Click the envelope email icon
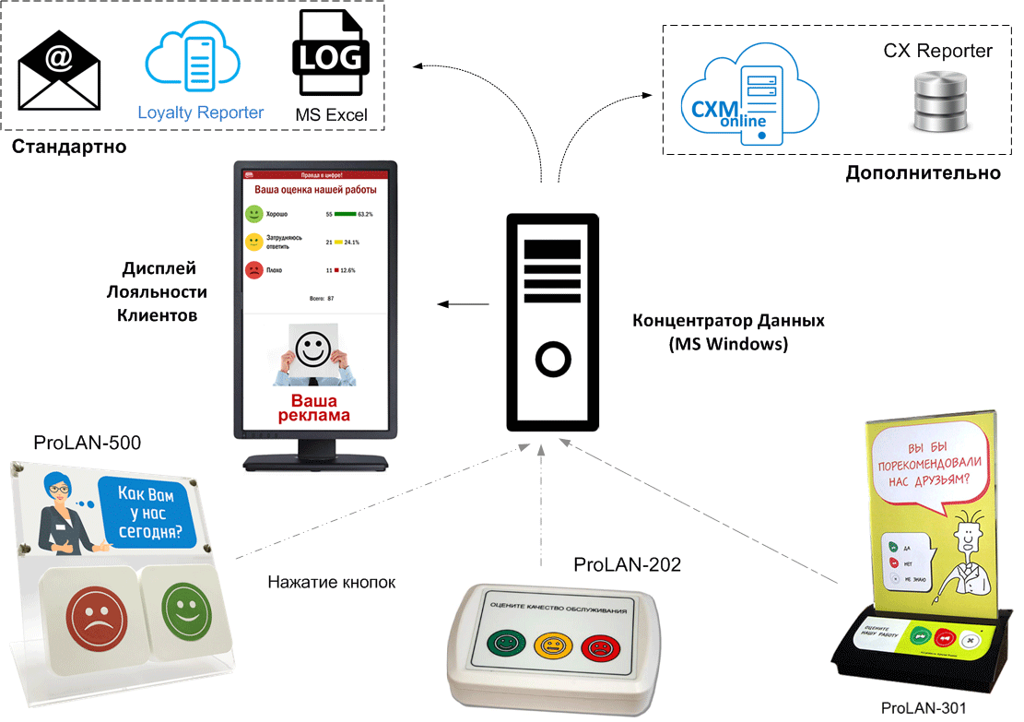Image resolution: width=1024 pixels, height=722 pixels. pyautogui.click(x=59, y=70)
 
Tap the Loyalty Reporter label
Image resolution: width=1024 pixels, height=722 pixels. pyautogui.click(x=201, y=113)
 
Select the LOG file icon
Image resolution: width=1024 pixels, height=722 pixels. pyautogui.click(x=331, y=55)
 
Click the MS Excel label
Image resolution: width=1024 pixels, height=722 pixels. pyautogui.click(x=331, y=115)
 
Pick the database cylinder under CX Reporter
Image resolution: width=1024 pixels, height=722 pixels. pyautogui.click(x=936, y=103)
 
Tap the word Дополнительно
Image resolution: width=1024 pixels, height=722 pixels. pyautogui.click(x=923, y=173)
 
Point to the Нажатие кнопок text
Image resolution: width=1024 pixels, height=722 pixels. pyautogui.click(x=331, y=582)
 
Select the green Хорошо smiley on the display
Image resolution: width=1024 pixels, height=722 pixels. pyautogui.click(x=253, y=214)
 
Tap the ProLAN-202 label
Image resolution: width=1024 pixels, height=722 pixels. pyautogui.click(x=627, y=564)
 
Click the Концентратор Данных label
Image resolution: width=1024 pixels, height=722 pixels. pyautogui.click(x=727, y=321)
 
